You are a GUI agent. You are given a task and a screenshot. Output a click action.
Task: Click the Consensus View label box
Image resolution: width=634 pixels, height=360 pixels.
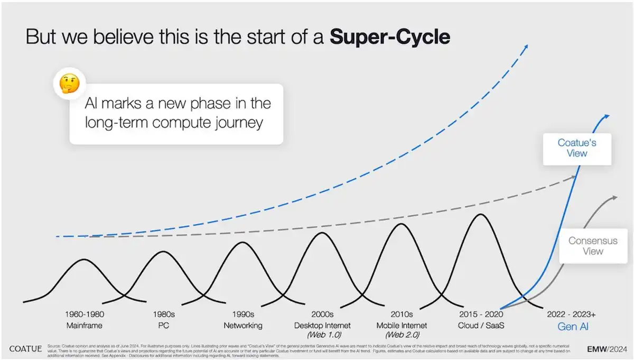[592, 245]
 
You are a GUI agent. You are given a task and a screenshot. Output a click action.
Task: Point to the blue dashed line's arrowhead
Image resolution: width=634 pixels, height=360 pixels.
[525, 47]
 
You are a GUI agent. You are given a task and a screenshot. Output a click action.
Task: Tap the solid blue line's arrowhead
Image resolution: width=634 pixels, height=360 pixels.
[607, 116]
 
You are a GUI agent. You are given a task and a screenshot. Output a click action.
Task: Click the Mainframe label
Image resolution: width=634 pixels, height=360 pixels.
[83, 326]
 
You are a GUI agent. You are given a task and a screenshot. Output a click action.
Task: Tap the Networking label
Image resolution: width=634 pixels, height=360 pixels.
[243, 326]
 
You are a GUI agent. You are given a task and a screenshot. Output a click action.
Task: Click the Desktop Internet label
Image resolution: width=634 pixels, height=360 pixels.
[322, 326]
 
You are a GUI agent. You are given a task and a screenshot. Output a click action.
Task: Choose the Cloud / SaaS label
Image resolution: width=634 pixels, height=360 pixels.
[481, 326]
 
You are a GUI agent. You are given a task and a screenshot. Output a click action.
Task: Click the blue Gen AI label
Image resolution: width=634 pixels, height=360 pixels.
[573, 327]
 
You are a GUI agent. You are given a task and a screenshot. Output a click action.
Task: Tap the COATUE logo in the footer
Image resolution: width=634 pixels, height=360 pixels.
[26, 349]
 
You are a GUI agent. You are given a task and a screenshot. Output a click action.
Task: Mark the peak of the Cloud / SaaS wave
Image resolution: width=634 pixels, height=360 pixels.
[480, 214]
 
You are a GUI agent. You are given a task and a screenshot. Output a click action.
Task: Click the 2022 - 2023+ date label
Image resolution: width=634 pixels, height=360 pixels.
[573, 315]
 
